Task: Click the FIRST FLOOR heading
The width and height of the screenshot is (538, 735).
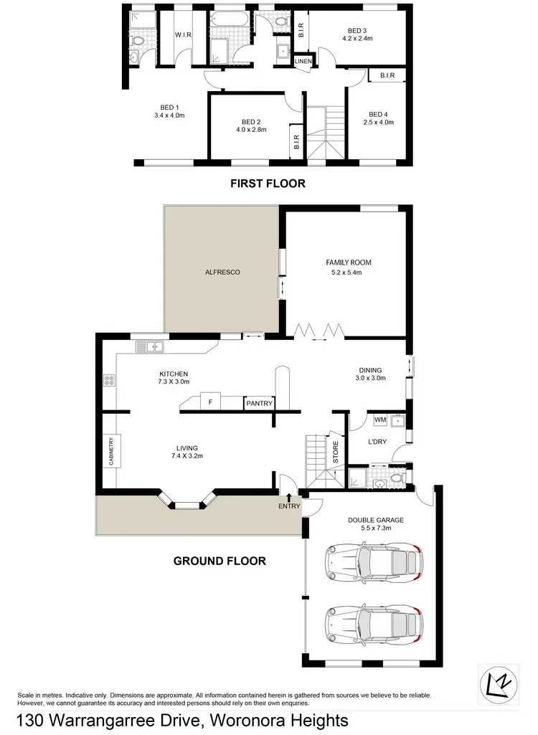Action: click(268, 184)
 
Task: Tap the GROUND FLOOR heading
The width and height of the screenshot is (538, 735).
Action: click(220, 561)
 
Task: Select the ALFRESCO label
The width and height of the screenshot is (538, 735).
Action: click(222, 272)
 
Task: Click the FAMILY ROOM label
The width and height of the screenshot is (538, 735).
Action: click(349, 262)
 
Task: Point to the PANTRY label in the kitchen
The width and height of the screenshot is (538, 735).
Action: click(259, 404)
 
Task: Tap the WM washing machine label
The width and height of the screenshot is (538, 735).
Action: click(379, 419)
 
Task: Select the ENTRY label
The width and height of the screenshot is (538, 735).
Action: click(288, 507)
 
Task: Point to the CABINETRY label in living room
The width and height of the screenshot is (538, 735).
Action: click(111, 452)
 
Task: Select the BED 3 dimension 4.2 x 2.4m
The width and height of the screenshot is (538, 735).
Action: click(357, 39)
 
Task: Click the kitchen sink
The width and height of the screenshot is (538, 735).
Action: click(151, 347)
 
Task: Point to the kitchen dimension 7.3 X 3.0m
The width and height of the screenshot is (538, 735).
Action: click(173, 383)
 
